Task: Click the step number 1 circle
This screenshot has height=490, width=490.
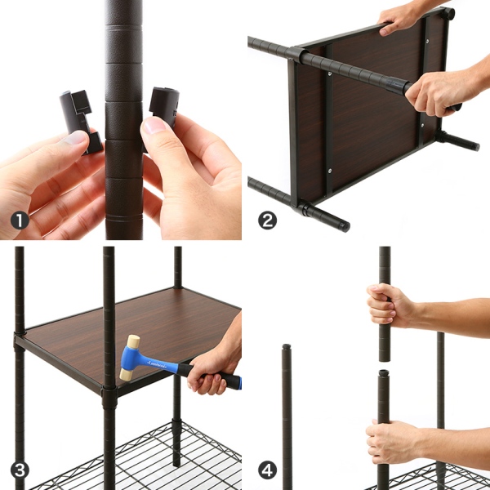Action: pyautogui.click(x=20, y=220)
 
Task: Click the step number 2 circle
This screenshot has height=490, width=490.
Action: pyautogui.click(x=267, y=220)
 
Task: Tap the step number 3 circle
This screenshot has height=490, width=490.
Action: pyautogui.click(x=20, y=470)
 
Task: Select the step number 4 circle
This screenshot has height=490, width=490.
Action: pyautogui.click(x=267, y=470)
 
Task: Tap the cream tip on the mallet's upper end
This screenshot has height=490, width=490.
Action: pyautogui.click(x=133, y=341)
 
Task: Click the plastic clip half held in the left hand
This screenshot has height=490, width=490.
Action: pyautogui.click(x=81, y=122)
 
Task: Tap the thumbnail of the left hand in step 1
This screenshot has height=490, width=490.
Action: pyautogui.click(x=75, y=138)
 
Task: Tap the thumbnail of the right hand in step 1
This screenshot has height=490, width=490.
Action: pyautogui.click(x=154, y=125)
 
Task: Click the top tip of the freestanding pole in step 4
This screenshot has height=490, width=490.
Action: pyautogui.click(x=287, y=346)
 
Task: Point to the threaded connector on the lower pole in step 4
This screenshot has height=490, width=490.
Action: pyautogui.click(x=384, y=373)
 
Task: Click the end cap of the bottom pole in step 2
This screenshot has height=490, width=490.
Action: pyautogui.click(x=345, y=226)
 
